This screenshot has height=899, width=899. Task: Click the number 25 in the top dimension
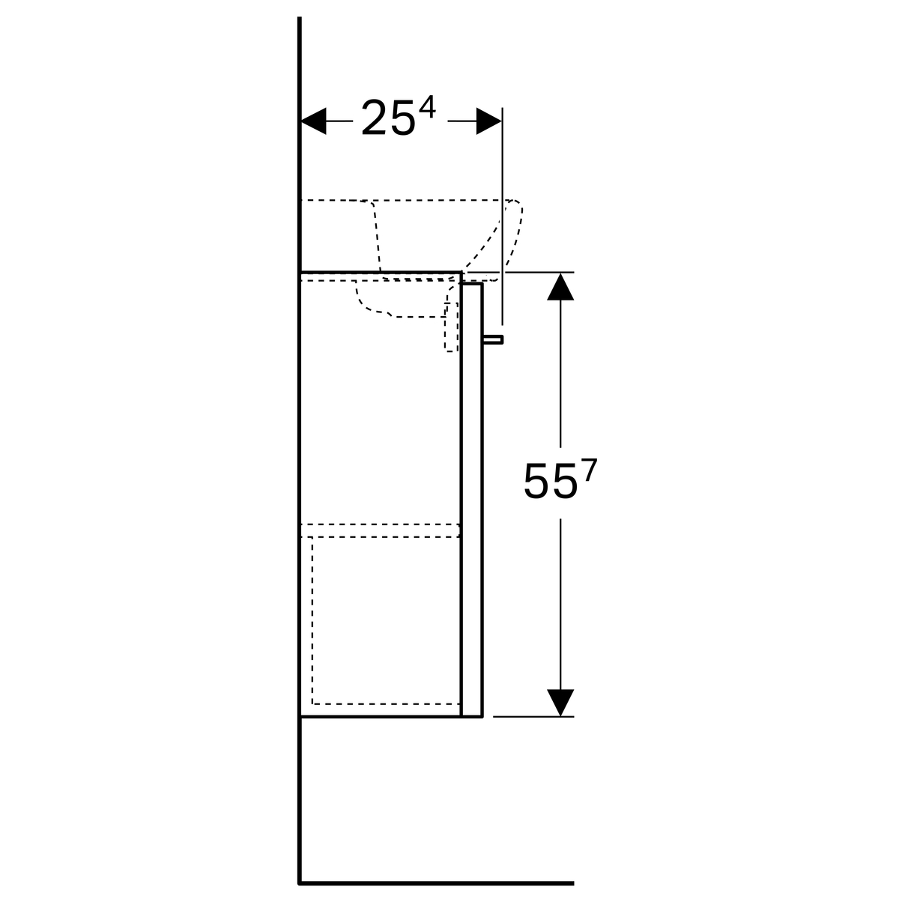[x=388, y=118]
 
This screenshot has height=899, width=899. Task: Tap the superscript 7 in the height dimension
[x=590, y=470]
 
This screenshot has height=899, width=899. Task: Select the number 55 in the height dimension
[x=551, y=482]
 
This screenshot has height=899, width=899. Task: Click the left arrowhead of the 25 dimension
[x=313, y=121]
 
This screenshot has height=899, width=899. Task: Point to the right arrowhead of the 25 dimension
[x=488, y=121]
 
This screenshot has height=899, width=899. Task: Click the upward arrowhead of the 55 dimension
[x=560, y=286]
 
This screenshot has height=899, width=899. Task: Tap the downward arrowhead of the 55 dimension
[x=560, y=703]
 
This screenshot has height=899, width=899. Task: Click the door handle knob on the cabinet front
[x=493, y=339]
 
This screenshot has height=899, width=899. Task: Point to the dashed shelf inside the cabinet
[x=381, y=530]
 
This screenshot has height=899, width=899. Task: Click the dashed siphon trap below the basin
[x=451, y=327]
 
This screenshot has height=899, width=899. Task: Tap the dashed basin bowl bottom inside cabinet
[x=402, y=299]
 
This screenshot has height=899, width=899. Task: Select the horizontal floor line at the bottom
[x=436, y=883]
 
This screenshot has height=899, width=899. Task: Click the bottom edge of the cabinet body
[x=391, y=716]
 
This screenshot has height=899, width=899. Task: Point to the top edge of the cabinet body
[x=381, y=271]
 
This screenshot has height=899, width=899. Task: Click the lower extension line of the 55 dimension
[x=533, y=716]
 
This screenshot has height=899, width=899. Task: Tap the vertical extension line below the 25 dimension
[x=503, y=216]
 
